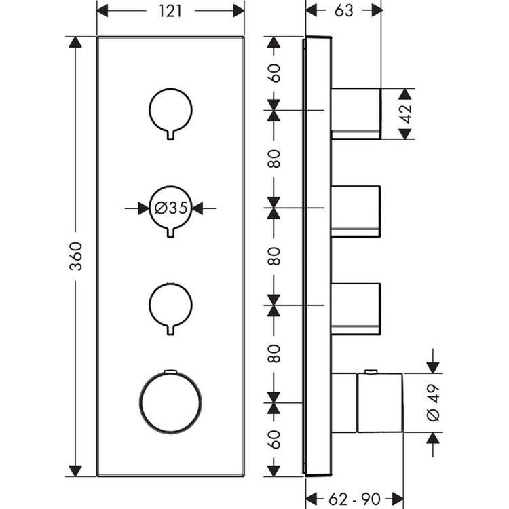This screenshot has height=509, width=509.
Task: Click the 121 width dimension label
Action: pyautogui.click(x=170, y=11)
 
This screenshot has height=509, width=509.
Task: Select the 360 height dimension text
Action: pyautogui.click(x=76, y=256)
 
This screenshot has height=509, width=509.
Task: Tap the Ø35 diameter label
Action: pyautogui.click(x=170, y=208)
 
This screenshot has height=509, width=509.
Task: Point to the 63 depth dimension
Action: pyautogui.click(x=343, y=11)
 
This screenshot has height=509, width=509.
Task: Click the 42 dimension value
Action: pyautogui.click(x=406, y=113)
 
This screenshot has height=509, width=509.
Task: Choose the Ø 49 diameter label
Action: pyautogui.click(x=434, y=404)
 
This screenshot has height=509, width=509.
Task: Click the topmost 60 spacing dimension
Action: pyautogui.click(x=274, y=72)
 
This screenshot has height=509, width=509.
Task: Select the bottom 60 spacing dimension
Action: pyautogui.click(x=274, y=439)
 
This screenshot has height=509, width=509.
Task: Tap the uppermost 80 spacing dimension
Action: pyautogui.click(x=274, y=158)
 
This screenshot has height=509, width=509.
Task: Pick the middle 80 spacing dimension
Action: pyautogui.click(x=274, y=256)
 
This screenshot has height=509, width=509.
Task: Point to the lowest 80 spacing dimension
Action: pyautogui.click(x=274, y=354)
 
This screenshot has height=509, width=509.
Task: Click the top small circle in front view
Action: pyautogui.click(x=170, y=109)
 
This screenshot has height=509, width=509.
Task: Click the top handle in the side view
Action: pyautogui.click(x=356, y=113)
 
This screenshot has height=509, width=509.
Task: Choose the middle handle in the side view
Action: pyautogui.click(x=356, y=211)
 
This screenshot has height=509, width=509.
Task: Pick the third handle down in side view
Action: pyautogui.click(x=356, y=309)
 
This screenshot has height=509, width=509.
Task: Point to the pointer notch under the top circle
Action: pyautogui.click(x=170, y=134)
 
